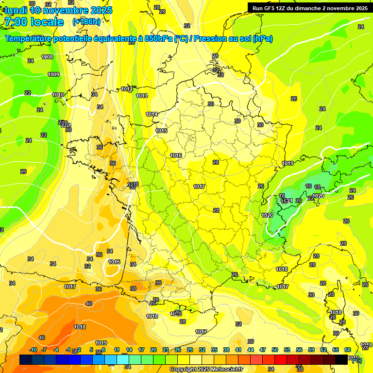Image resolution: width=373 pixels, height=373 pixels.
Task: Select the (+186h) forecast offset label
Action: [86, 22]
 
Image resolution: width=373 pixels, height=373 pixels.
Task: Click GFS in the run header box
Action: [270, 8]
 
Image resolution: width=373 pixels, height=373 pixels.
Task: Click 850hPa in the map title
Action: [158, 39]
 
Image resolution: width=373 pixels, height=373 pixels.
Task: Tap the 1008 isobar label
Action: [47, 57]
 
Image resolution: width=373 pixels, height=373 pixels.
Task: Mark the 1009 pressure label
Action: [53, 75]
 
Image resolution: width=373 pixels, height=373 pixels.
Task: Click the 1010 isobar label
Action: [58, 95]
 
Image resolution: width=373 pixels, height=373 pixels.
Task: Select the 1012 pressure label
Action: [127, 89]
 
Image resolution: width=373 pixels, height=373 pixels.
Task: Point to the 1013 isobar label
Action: [142, 96]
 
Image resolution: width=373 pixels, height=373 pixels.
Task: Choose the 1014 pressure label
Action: [152, 115]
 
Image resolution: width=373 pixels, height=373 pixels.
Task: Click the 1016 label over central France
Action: [176, 155]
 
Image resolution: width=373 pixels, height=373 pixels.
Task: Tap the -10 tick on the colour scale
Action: [34, 350]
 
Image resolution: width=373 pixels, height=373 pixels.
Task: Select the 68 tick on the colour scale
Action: [348, 350]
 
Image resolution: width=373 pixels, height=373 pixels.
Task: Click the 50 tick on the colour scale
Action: [275, 350]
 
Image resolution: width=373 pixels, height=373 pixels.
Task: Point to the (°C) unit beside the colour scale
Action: [357, 360]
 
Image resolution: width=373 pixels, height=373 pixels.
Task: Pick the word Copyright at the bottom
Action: [184, 370]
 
